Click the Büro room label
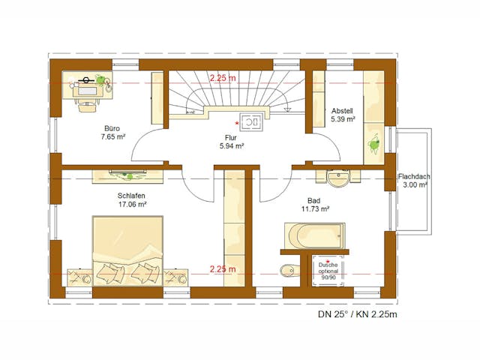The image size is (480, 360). tap(112, 128)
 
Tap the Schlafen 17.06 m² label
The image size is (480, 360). tap(132, 200)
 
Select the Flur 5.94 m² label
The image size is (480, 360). tap(232, 142)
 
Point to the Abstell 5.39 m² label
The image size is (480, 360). tap(343, 115)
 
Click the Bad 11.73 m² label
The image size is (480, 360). tap(315, 205)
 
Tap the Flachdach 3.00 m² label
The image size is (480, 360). tap(414, 181)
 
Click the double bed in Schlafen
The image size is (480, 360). tap(127, 251)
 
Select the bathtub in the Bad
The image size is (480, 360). tap(315, 235)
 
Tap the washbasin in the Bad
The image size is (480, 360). tap(338, 178)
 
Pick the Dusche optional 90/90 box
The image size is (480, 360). tap(328, 271)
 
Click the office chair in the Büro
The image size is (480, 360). tap(87, 106)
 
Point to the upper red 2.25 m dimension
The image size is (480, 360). tap(223, 78)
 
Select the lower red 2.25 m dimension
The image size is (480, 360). tap(223, 269)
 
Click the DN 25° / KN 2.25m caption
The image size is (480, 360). tap(358, 314)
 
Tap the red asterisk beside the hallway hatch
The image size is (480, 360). tap(237, 123)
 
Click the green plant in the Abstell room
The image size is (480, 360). tap(373, 144)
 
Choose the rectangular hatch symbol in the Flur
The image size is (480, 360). tap(251, 121)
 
